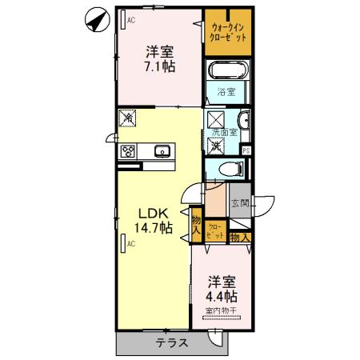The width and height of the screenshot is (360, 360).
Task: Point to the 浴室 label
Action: pos(226,92)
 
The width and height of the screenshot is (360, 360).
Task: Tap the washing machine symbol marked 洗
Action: pos(216,146)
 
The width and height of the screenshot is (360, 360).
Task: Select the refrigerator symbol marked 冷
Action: pos(127,119)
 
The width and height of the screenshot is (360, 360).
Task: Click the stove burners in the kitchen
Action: pos(128,150)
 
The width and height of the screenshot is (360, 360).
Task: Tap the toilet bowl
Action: pos(228,170)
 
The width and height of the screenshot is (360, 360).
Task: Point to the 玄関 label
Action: pos(240,203)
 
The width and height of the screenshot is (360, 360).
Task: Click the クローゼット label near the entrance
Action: pos(215,230)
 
